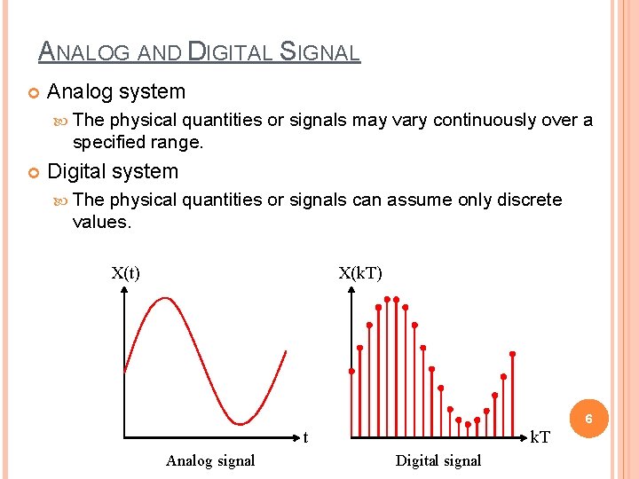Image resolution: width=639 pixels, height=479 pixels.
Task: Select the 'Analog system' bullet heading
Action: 116,91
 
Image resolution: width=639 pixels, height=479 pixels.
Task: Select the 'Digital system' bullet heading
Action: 113,171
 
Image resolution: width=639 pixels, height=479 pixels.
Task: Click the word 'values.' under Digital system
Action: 102,222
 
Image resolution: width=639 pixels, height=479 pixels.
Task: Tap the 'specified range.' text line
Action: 138,142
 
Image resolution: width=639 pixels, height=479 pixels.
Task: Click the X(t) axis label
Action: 125,273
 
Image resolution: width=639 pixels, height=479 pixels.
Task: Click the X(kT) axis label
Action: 360,273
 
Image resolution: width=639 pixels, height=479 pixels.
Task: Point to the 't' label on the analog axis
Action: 305,437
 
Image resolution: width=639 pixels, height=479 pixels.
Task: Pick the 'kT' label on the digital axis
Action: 539,437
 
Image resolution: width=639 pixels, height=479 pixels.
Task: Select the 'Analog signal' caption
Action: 210,460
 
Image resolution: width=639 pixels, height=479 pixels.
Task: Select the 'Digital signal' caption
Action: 438,460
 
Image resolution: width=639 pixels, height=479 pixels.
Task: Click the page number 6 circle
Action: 588,417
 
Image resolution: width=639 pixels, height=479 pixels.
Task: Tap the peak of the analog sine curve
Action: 164,298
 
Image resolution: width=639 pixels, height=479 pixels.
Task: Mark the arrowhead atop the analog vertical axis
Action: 123,294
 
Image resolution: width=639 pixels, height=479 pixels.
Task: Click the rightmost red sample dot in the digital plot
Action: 511,354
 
